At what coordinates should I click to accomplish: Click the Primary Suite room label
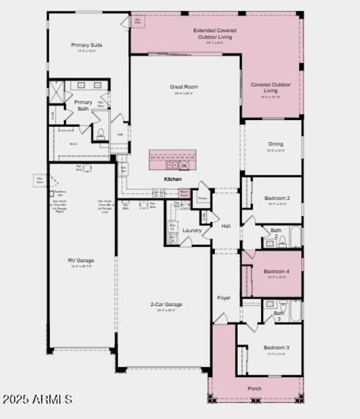(x=86, y=45)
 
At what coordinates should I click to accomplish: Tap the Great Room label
(x=184, y=87)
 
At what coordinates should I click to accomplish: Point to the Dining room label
(x=275, y=144)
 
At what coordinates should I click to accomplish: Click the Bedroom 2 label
(x=276, y=198)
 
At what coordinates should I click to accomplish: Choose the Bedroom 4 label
(x=276, y=272)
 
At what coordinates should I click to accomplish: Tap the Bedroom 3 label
(x=276, y=348)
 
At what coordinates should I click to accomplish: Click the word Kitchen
(x=173, y=179)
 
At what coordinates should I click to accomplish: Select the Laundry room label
(x=192, y=231)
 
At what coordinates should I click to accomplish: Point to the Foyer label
(x=224, y=298)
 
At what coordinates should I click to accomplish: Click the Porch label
(x=254, y=388)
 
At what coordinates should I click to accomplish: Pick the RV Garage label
(x=81, y=260)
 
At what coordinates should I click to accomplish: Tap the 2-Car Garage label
(x=166, y=305)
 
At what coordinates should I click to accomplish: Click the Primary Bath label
(x=83, y=105)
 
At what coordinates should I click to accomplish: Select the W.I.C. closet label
(x=74, y=144)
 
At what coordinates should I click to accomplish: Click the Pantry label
(x=202, y=198)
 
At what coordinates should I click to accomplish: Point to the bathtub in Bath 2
(x=295, y=236)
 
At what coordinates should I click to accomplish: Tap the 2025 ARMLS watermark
(x=37, y=399)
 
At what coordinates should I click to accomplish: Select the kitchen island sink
(x=172, y=165)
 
